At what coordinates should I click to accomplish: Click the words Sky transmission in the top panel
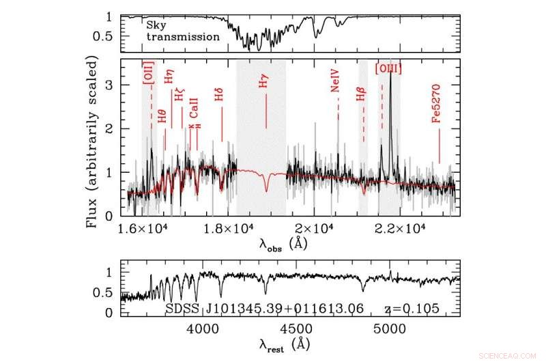click(x=182, y=31)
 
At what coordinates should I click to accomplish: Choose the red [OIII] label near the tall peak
click(x=388, y=68)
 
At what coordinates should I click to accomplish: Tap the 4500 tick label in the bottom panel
click(x=297, y=329)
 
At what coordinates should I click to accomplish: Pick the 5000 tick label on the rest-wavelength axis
click(x=390, y=329)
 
